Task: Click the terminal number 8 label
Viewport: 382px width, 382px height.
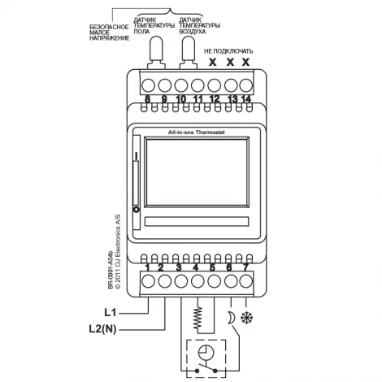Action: pos(147,99)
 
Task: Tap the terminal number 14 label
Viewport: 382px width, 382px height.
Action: pos(245,99)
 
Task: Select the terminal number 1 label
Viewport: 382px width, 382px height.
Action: pos(147,267)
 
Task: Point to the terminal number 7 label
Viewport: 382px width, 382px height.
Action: pos(245,267)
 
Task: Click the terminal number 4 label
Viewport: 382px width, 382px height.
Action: pos(196,267)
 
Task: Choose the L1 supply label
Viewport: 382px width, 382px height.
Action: pos(113,311)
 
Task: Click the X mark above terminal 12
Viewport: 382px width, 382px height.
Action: pos(213,61)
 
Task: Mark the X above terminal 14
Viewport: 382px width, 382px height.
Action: pos(245,61)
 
